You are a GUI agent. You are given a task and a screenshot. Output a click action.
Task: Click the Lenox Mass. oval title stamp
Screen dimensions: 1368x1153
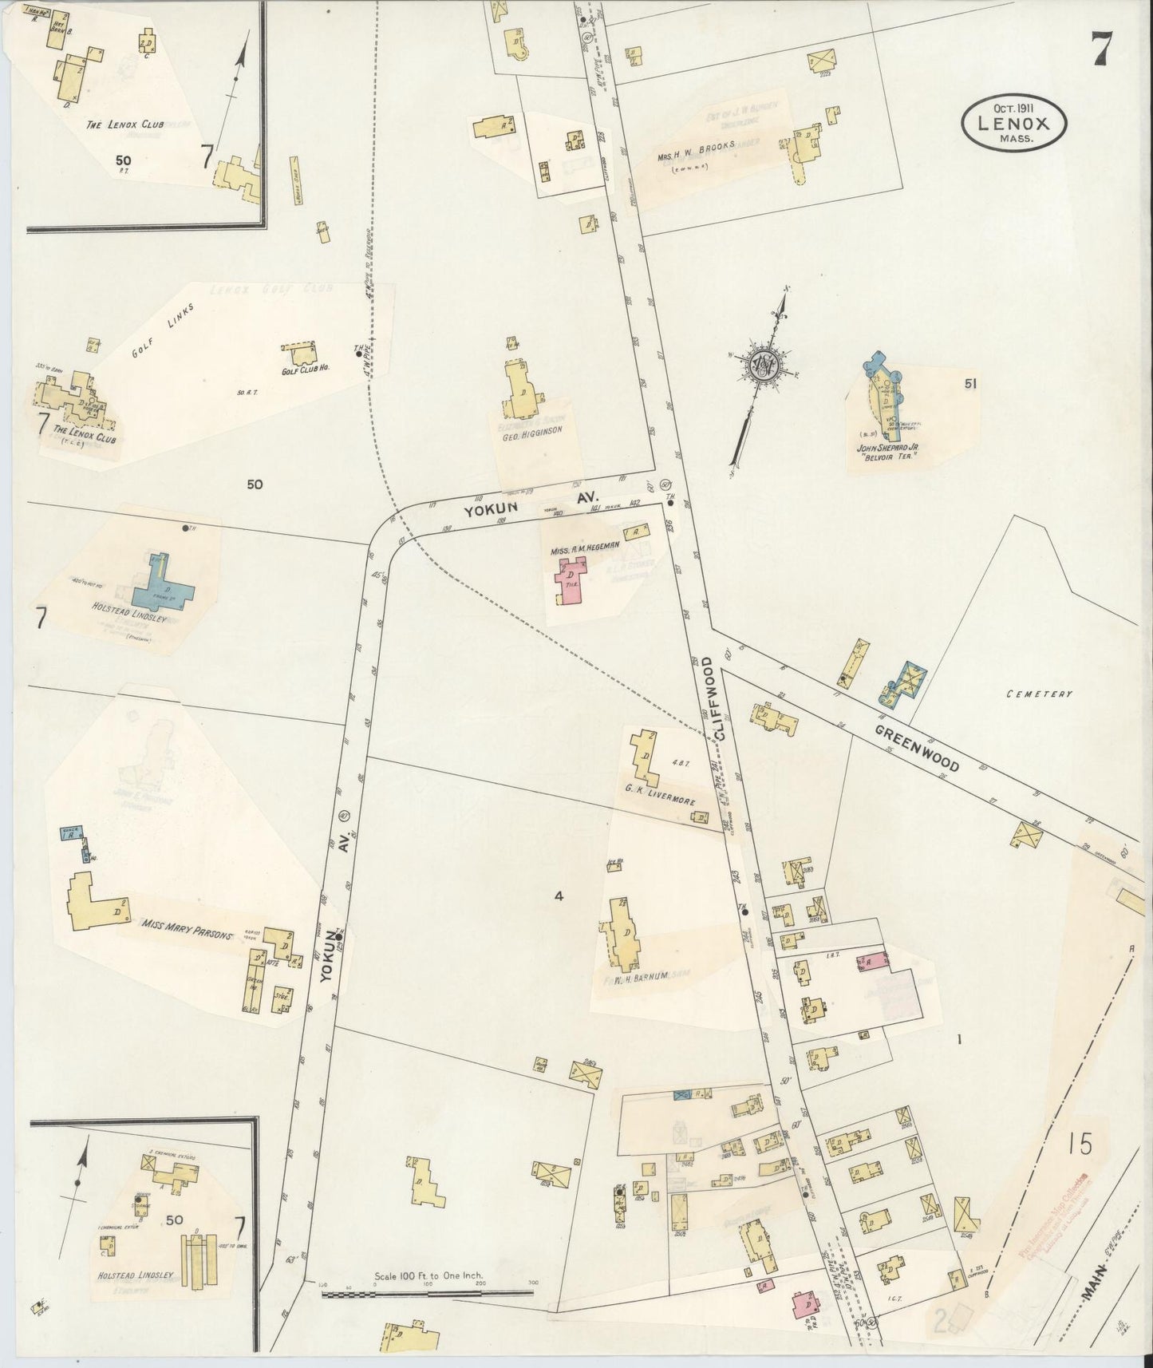pyautogui.click(x=1013, y=121)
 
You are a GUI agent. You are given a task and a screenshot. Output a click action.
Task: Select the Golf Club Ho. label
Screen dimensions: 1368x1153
pyautogui.click(x=306, y=370)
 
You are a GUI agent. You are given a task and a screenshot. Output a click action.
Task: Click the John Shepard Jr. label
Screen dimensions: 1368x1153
pyautogui.click(x=888, y=449)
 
